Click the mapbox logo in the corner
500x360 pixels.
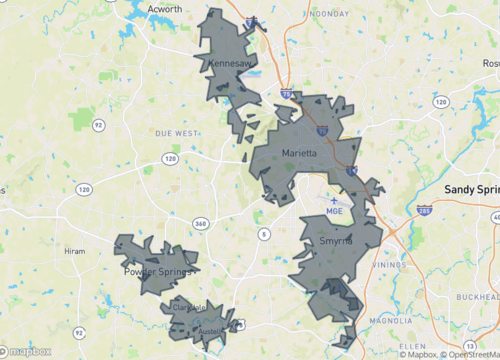[27, 352]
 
